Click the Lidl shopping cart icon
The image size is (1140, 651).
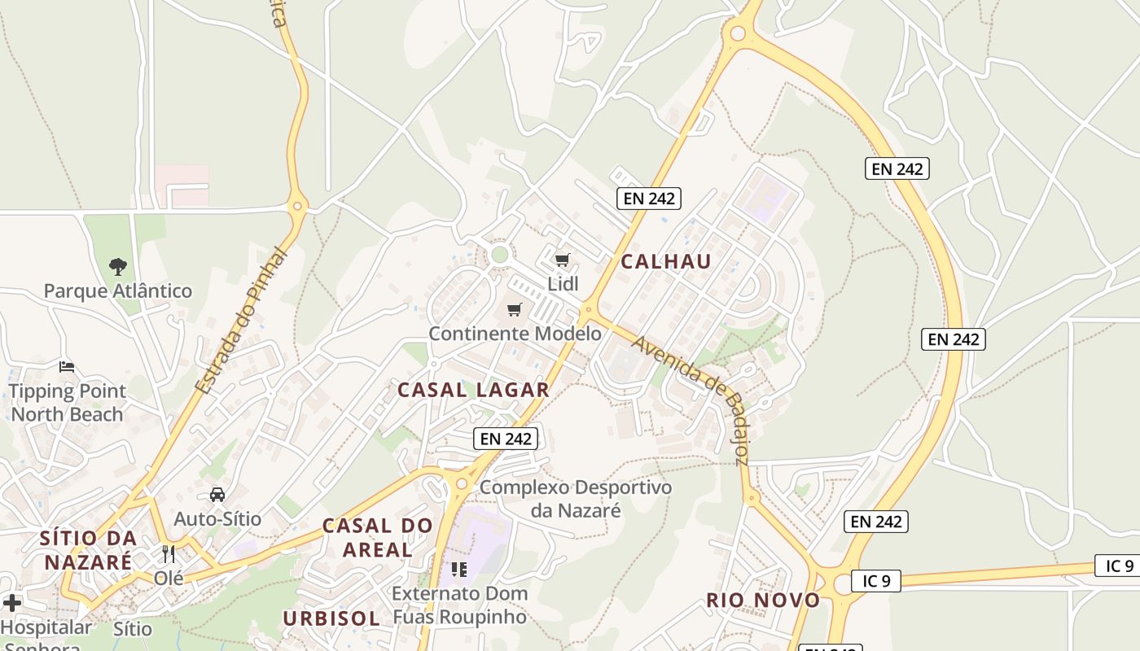tap(562, 260)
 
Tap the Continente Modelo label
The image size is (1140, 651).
tap(515, 334)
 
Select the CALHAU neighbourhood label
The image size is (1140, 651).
tap(666, 261)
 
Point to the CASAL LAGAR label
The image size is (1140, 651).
tap(473, 390)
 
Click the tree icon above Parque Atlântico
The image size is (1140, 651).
tap(119, 266)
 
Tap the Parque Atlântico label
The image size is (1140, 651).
tap(118, 291)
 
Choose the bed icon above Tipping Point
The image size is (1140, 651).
tap(67, 367)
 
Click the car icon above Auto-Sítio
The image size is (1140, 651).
tap(217, 494)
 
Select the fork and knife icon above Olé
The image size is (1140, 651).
tap(169, 554)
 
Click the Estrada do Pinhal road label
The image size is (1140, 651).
tap(243, 321)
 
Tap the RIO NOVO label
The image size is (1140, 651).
tap(763, 601)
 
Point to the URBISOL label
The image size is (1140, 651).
tap(331, 618)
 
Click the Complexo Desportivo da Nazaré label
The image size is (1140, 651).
tap(576, 499)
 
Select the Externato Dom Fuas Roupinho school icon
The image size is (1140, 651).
tap(459, 570)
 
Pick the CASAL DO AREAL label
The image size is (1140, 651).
tap(377, 537)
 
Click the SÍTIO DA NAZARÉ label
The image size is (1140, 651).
tap(88, 550)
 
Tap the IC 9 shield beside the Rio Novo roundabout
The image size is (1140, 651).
tap(875, 580)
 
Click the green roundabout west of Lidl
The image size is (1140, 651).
tap(500, 255)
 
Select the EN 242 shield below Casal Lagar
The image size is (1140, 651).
tap(506, 439)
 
